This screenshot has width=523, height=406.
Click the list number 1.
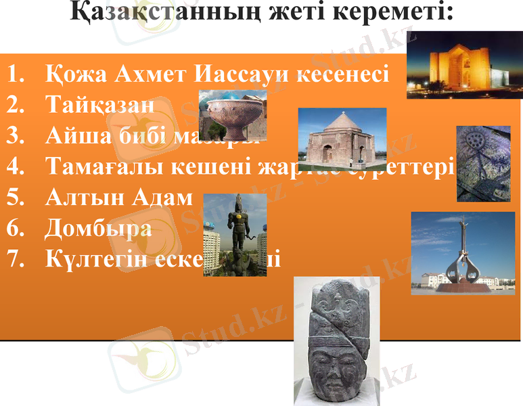pyautogui.click(x=14, y=73)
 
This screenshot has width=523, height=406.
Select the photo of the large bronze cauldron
pyautogui.click(x=232, y=115)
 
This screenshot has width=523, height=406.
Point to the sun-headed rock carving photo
pyautogui.click(x=483, y=163)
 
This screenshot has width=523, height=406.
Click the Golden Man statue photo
pyautogui.click(x=235, y=234)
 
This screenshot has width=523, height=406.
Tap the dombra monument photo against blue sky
pyautogui.click(x=463, y=252)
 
